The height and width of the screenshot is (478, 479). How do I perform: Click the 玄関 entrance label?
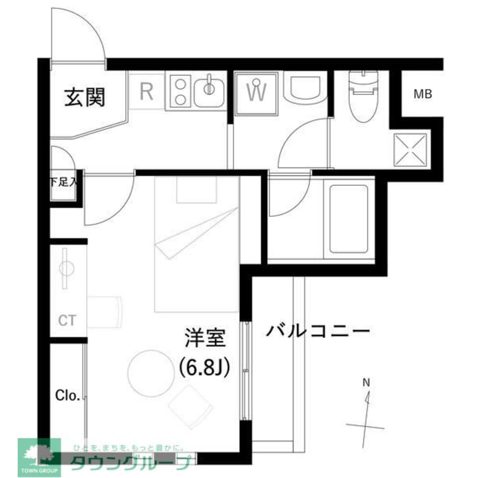point(85,98)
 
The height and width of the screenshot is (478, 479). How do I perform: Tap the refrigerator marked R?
point(146,91)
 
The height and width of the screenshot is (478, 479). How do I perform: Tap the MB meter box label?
point(423,94)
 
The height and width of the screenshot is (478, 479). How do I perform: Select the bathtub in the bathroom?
point(348,218)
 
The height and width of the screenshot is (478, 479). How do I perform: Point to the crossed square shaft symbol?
point(410,149)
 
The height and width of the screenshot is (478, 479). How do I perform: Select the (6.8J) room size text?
point(205,367)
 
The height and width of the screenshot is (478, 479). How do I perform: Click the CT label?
point(67,320)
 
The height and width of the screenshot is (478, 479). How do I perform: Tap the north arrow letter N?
point(366,382)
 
